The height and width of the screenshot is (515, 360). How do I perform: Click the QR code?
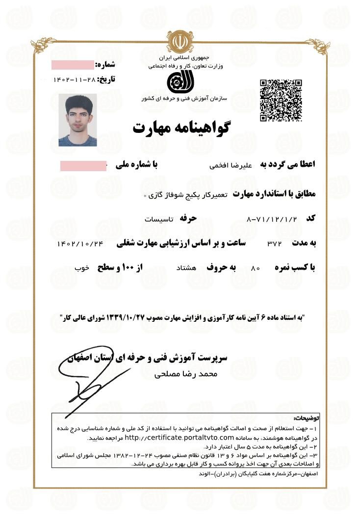pos(281,100)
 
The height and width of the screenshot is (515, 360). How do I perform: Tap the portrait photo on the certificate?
pos(77,120)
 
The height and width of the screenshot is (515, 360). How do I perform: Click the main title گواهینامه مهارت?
pos(181,128)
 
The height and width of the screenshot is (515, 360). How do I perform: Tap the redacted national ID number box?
pos(83,166)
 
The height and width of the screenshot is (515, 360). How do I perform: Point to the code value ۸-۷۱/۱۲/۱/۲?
pos(272,218)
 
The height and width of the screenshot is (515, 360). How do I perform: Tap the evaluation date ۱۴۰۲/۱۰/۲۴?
pos(80,243)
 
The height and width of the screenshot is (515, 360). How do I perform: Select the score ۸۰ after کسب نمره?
pos(255,269)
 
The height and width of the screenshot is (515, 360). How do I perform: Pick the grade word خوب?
pos(81,268)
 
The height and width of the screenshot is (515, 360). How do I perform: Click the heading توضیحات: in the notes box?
pos(307,419)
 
